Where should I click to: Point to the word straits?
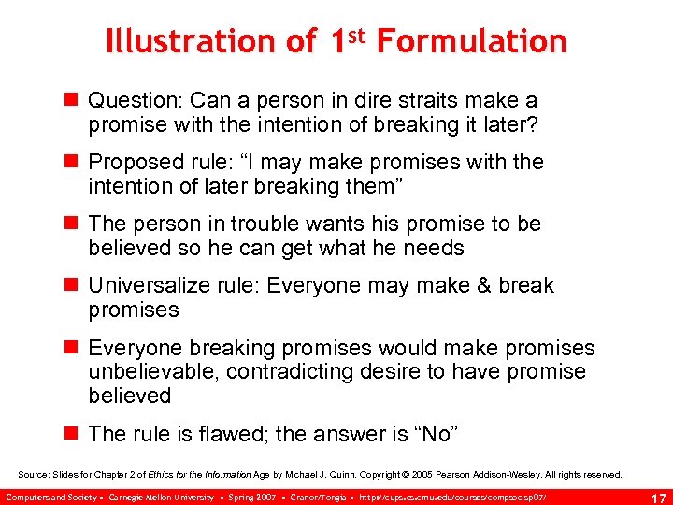click(x=420, y=100)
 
